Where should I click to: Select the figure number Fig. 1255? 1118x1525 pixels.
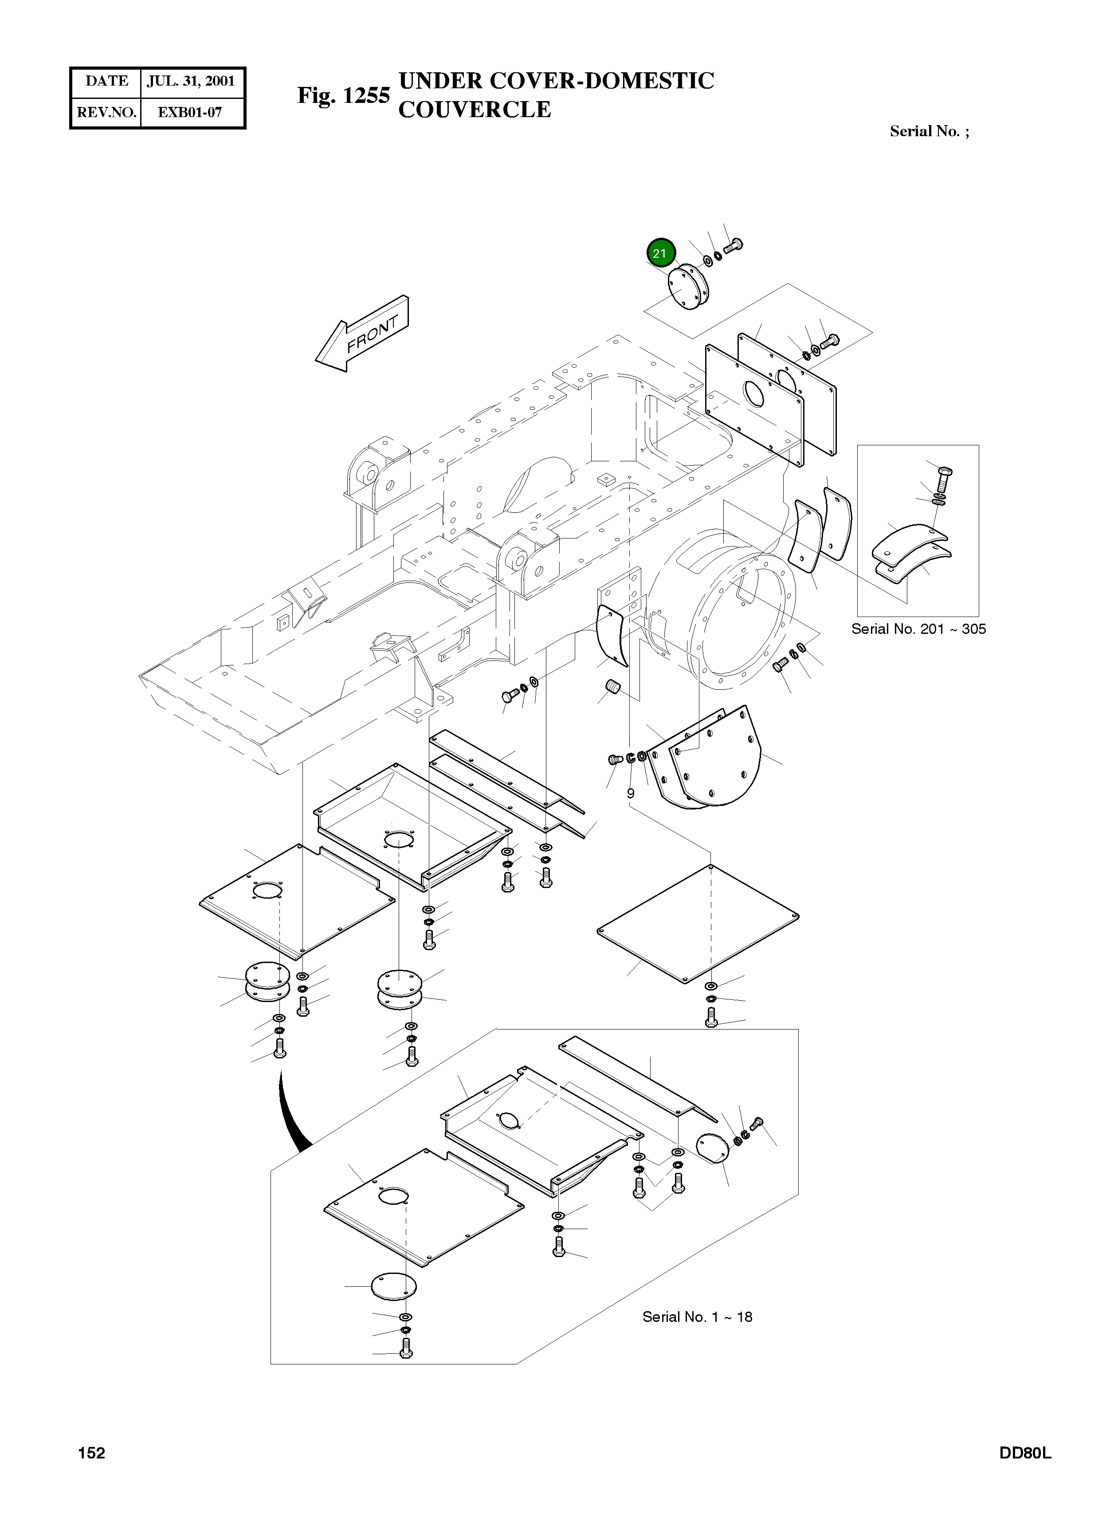click(x=343, y=95)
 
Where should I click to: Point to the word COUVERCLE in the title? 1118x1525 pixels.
click(x=475, y=110)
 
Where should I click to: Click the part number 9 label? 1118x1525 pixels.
click(x=630, y=793)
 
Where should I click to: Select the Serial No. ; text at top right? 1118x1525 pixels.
click(x=929, y=131)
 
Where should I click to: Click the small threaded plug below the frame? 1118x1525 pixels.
click(x=612, y=689)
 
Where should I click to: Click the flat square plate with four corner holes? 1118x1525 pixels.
click(x=697, y=923)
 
